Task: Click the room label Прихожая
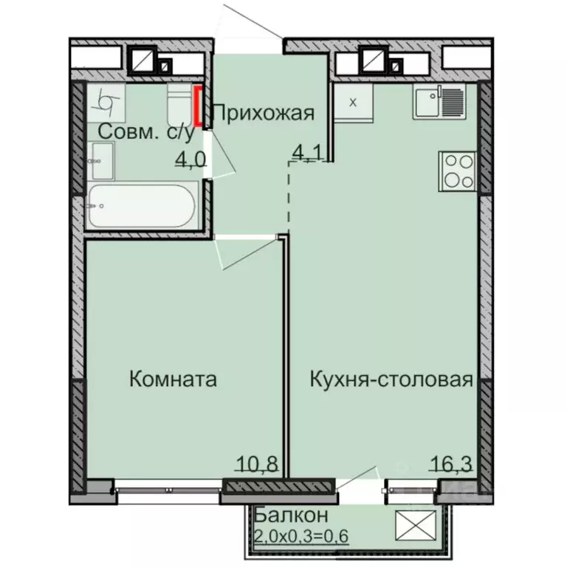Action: tap(264, 113)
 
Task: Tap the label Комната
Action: tap(173, 379)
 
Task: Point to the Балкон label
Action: tap(282, 514)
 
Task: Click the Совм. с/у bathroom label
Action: tap(146, 133)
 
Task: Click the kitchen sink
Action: tap(439, 101)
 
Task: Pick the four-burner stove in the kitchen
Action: tap(458, 171)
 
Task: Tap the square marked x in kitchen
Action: tap(353, 102)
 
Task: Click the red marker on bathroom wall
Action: tap(198, 106)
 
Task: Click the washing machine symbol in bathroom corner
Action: tap(106, 102)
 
